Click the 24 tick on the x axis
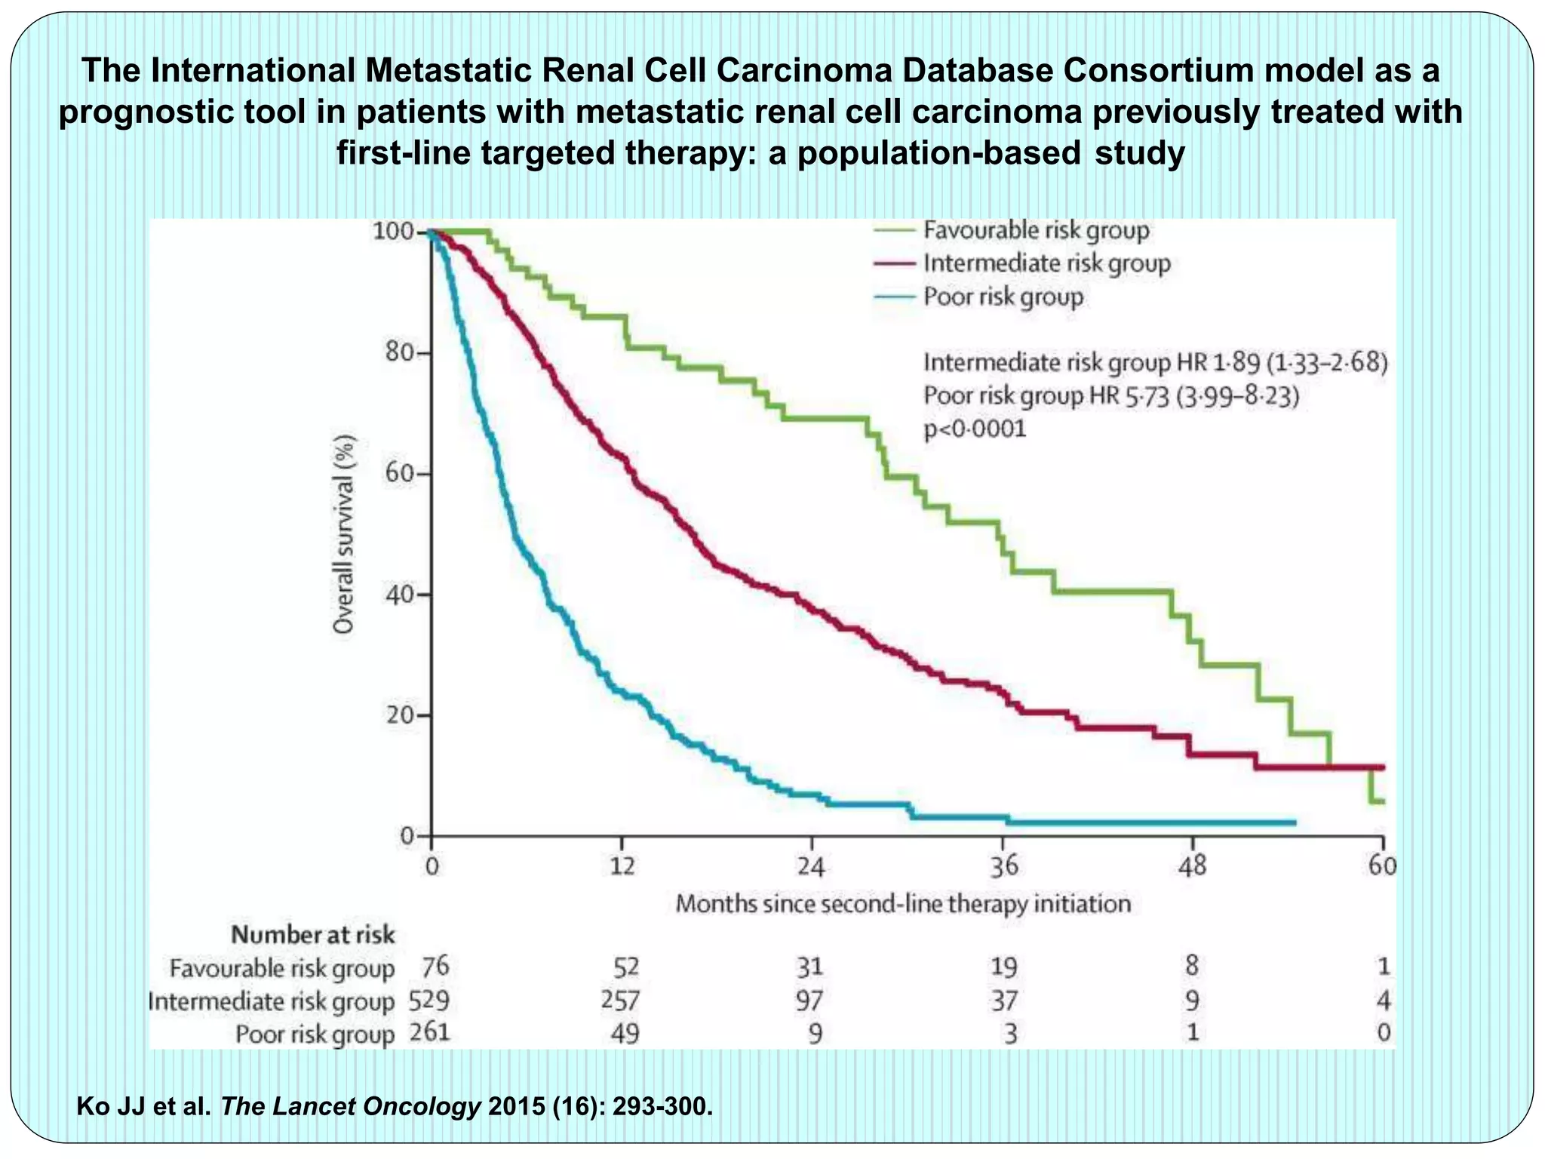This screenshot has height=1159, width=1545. point(812,865)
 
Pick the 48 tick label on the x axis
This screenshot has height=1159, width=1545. point(1193,865)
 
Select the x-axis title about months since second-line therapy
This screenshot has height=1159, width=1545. point(903,903)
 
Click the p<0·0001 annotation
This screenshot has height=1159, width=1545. point(975,429)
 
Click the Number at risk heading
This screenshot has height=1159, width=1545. point(312,935)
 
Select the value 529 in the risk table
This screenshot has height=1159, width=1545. point(428,1001)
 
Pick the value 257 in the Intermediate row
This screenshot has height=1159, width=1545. point(620,1001)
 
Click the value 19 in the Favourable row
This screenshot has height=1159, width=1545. point(1004,967)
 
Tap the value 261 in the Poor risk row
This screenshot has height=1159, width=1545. point(429,1032)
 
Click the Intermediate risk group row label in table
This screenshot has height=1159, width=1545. point(272,1001)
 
